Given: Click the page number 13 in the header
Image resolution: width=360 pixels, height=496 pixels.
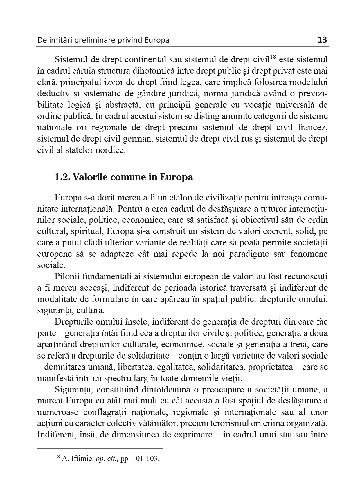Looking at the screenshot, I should pos(322,40).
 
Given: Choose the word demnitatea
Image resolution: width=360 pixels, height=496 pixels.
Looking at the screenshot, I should pos(63,367).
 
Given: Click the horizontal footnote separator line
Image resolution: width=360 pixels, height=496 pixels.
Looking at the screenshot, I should pos(100,449).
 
